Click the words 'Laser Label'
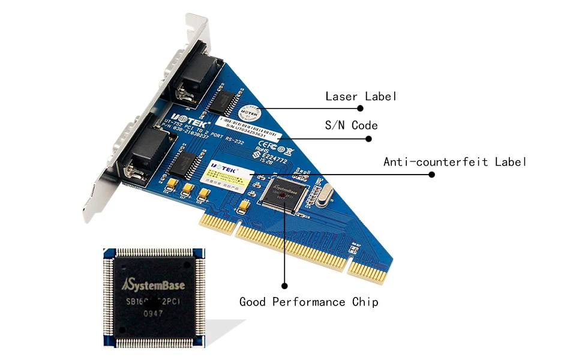(x=361, y=96)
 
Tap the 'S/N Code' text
(x=351, y=125)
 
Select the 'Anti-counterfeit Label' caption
(x=455, y=162)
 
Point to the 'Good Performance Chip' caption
(x=309, y=302)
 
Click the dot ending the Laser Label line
(x=361, y=109)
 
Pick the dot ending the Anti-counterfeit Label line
(x=431, y=175)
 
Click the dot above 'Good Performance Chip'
(x=284, y=286)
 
